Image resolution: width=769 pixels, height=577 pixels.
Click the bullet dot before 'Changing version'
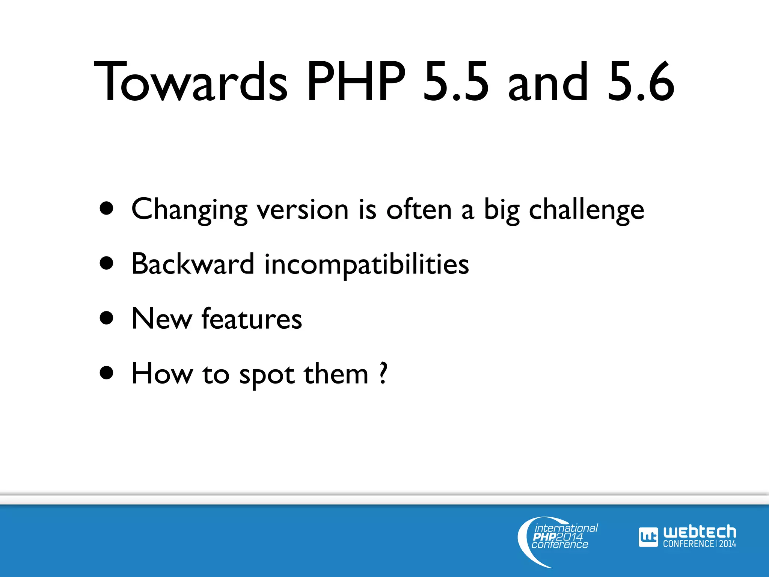pyautogui.click(x=107, y=208)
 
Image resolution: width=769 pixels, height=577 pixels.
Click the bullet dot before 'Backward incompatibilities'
pyautogui.click(x=107, y=263)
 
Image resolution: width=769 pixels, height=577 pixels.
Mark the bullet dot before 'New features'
pyautogui.click(x=107, y=318)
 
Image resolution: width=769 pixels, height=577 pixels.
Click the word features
pyautogui.click(x=252, y=319)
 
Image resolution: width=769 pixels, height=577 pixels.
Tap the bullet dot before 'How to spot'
pyautogui.click(x=107, y=373)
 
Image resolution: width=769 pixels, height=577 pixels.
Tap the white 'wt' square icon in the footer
pyautogui.click(x=648, y=537)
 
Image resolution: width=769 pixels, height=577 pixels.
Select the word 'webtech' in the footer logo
pyautogui.click(x=699, y=532)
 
